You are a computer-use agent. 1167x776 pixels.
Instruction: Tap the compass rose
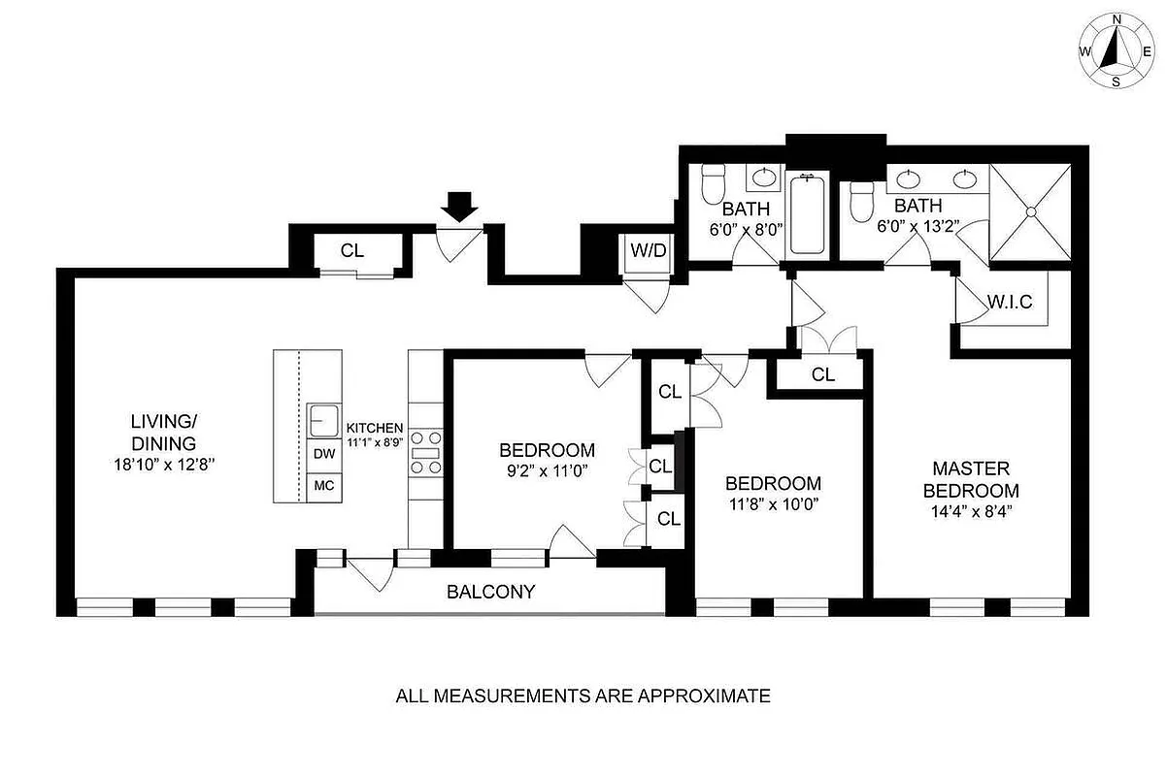click(x=1116, y=49)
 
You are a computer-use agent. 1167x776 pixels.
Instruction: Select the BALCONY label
click(x=490, y=592)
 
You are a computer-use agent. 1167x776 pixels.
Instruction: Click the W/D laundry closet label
click(x=649, y=250)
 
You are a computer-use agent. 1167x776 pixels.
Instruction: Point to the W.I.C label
click(x=1011, y=302)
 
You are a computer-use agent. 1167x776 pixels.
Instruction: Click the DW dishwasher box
click(x=321, y=454)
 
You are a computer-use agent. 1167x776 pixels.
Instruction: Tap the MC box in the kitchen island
click(x=321, y=486)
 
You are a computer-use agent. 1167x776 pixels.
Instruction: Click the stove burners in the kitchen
click(x=425, y=452)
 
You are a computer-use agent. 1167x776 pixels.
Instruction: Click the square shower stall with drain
click(x=1032, y=212)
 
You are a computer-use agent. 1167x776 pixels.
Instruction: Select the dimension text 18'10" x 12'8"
click(x=164, y=464)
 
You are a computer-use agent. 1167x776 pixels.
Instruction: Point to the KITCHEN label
click(x=375, y=428)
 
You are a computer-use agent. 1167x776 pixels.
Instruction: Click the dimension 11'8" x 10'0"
click(x=773, y=505)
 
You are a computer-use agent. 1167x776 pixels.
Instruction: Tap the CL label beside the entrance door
click(x=351, y=250)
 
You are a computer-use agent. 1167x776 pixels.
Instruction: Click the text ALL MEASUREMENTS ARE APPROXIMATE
click(x=583, y=695)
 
